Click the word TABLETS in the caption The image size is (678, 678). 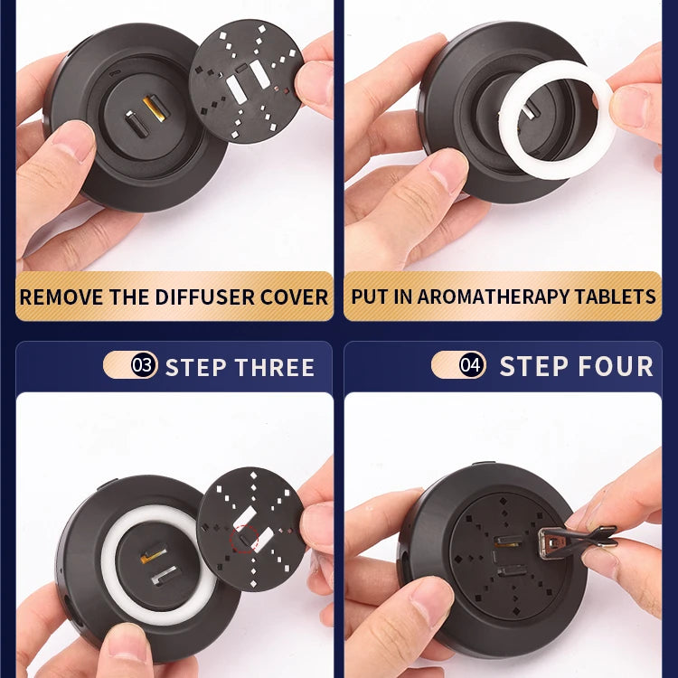coord(620,297)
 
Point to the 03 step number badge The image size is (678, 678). coord(142,366)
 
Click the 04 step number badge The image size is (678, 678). coord(470,365)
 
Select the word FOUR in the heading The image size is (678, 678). coord(616,366)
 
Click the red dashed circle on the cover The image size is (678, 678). coord(244,541)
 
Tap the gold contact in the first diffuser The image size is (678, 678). coord(154,109)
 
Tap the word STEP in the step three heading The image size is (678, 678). coord(193,368)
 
